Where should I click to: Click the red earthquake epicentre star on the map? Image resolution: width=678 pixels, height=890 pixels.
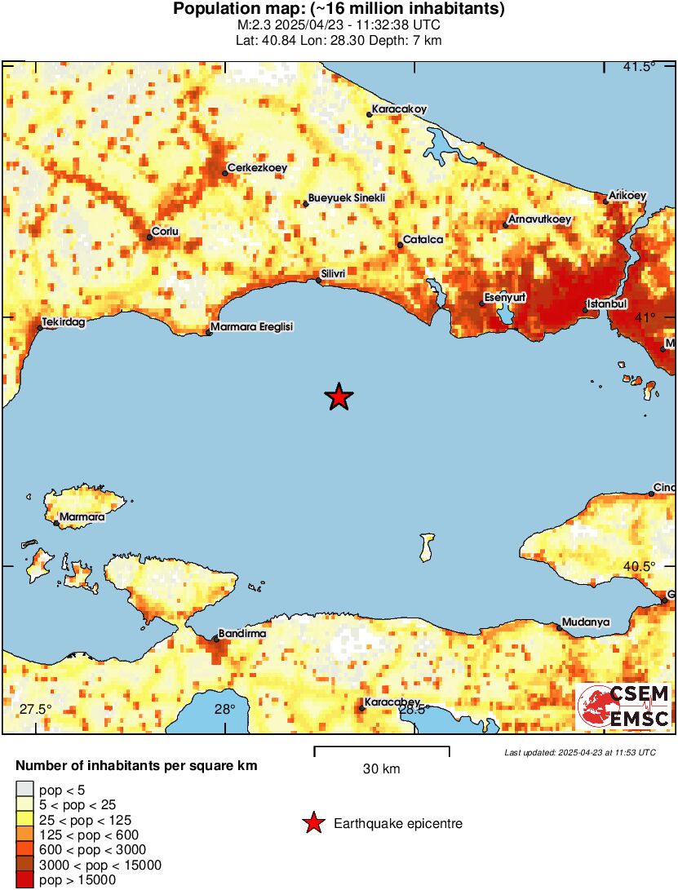339,397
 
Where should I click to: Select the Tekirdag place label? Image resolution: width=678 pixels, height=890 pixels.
64,322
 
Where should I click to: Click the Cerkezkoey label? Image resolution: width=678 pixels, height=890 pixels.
257,167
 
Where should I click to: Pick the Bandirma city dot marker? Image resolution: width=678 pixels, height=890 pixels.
216,639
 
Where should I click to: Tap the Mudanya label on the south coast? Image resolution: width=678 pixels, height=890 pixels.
587,622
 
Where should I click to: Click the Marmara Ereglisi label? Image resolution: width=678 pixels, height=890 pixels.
251,326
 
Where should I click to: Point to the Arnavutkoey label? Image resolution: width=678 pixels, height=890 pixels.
539,219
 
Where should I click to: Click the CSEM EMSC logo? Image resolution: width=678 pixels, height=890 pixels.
623,706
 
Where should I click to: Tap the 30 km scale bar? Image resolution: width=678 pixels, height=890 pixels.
382,747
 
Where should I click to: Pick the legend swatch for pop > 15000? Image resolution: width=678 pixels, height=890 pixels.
25,880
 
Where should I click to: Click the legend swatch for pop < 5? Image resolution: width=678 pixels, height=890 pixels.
25,789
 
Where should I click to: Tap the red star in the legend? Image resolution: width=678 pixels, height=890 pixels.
313,824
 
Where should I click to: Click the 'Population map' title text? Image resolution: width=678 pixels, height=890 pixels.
339,10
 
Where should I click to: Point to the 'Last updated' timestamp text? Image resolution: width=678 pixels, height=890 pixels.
579,752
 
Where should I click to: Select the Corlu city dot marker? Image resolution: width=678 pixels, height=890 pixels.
150,237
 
